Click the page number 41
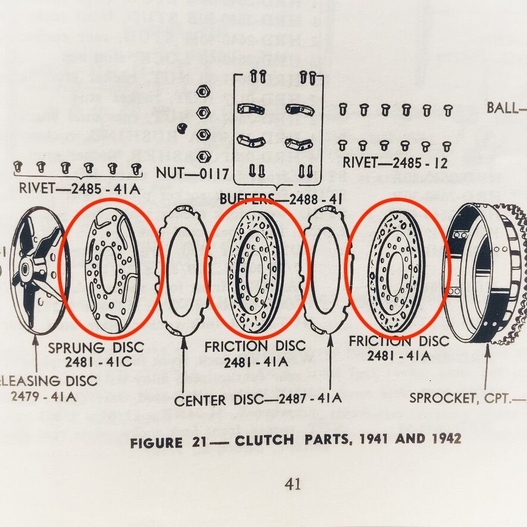(x=292, y=484)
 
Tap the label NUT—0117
(x=193, y=174)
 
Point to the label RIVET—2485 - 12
(x=395, y=162)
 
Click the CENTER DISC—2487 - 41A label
(x=258, y=399)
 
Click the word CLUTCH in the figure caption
(x=264, y=440)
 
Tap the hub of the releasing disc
(x=27, y=271)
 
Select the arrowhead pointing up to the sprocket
(x=488, y=349)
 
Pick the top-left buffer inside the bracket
(x=250, y=109)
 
